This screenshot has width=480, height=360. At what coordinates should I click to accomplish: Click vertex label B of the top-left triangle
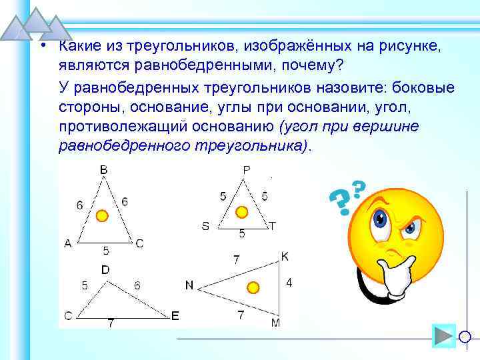pyautogui.click(x=104, y=171)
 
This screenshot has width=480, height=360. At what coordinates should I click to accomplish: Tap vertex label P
pyautogui.click(x=246, y=170)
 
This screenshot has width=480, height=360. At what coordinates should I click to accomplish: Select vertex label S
pyautogui.click(x=205, y=226)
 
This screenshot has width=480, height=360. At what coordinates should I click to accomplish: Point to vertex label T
pyautogui.click(x=272, y=226)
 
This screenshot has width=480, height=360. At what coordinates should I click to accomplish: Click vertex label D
pyautogui.click(x=105, y=269)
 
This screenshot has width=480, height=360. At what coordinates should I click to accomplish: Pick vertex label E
pyautogui.click(x=175, y=316)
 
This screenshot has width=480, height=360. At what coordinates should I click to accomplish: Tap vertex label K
pyautogui.click(x=285, y=257)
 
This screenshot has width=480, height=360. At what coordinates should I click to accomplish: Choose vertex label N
pyautogui.click(x=189, y=285)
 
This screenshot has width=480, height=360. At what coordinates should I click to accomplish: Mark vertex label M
pyautogui.click(x=276, y=323)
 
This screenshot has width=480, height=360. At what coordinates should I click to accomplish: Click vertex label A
pyautogui.click(x=68, y=243)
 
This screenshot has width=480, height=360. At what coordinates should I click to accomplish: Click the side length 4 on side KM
pyautogui.click(x=289, y=283)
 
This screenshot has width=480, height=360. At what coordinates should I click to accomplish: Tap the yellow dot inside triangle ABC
pyautogui.click(x=101, y=216)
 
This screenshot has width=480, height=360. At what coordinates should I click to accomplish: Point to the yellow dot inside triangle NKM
pyautogui.click(x=253, y=287)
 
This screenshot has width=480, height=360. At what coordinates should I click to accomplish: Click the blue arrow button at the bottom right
pyautogui.click(x=443, y=336)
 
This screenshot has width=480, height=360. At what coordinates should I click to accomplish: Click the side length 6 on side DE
pyautogui.click(x=137, y=285)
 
